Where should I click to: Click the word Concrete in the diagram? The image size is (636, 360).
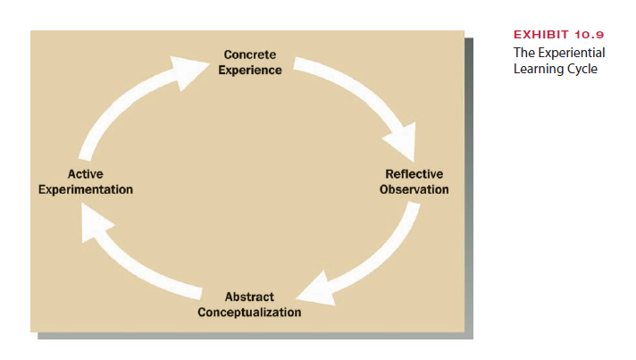point(249,55)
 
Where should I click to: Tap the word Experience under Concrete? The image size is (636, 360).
point(250,70)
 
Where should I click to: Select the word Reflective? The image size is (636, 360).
point(414,174)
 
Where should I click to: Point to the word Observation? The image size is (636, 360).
point(414,189)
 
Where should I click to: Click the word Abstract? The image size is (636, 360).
point(249,297)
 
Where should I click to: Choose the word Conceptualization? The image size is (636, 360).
point(249,312)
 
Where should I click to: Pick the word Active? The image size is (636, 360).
point(86,174)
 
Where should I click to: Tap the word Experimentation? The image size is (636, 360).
point(86,189)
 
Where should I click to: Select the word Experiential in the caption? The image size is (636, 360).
point(571,53)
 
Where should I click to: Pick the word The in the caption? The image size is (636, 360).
point(523,53)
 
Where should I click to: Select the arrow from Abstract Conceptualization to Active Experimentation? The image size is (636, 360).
point(143,268)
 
